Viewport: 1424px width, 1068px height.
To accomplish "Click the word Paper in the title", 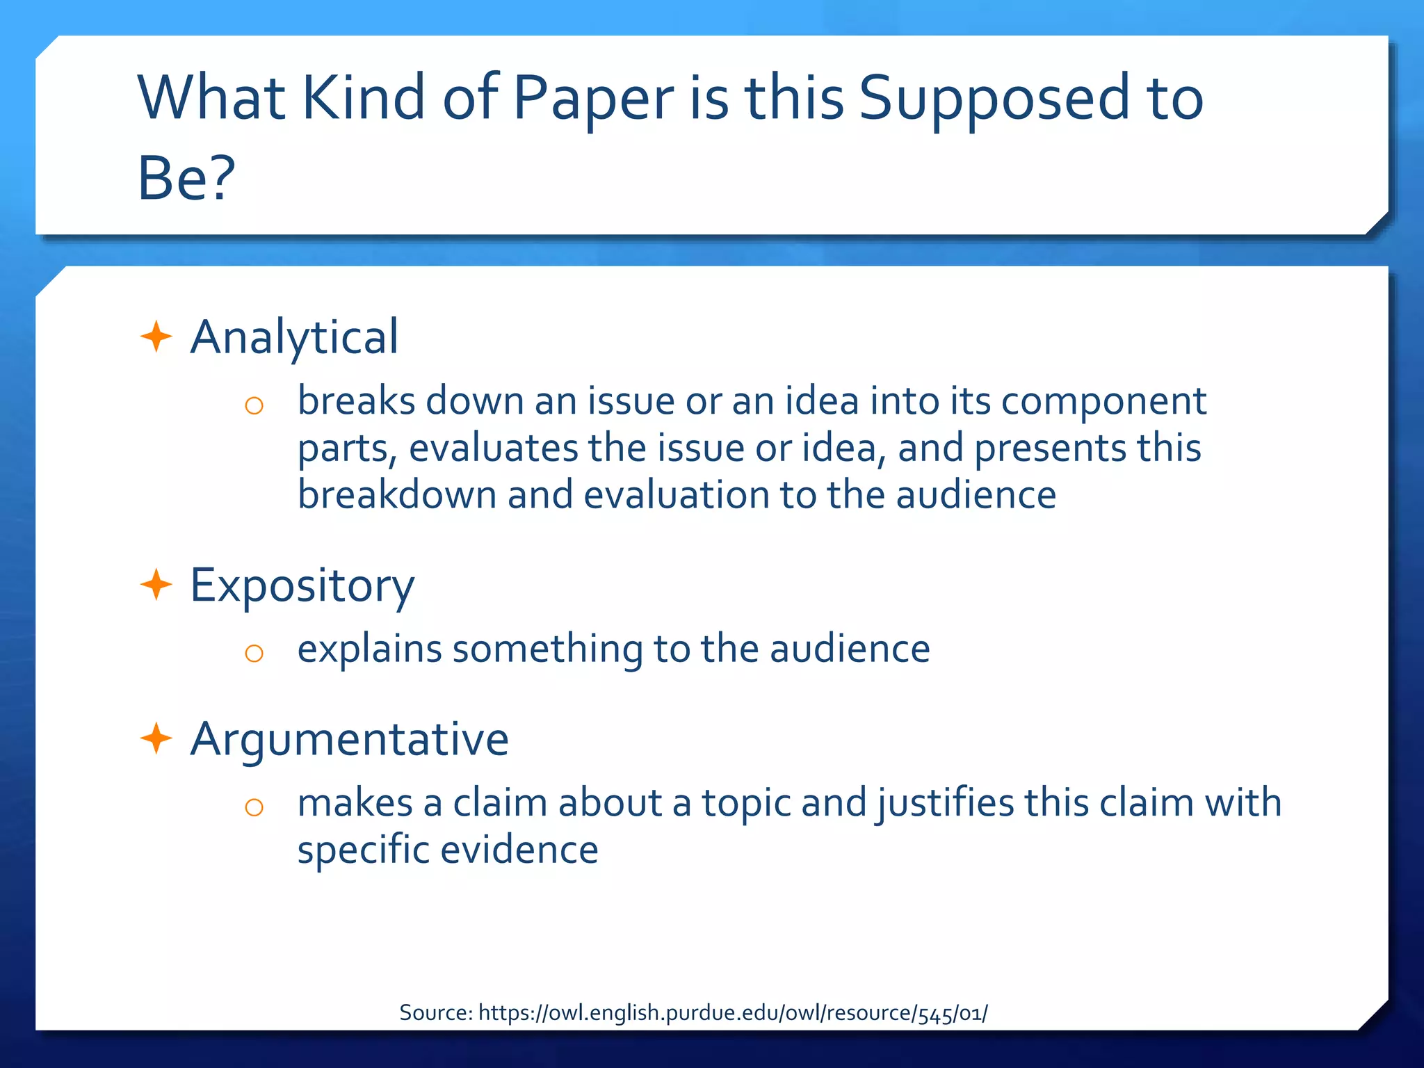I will tap(593, 99).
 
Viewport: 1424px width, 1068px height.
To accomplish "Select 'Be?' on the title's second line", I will tap(186, 178).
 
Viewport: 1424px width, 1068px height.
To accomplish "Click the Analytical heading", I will tap(294, 337).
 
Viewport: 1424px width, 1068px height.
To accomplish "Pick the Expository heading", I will tap(302, 585).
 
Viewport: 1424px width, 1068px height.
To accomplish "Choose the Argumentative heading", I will tap(349, 738).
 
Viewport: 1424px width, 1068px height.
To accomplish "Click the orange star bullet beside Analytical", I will tap(156, 337).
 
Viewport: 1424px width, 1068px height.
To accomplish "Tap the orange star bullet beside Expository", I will tap(156, 585).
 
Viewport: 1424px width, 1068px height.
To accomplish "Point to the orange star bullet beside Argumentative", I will tap(156, 738).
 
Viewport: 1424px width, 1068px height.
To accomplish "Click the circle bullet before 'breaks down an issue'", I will tap(254, 405).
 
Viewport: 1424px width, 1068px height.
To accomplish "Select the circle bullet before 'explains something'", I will tap(254, 653).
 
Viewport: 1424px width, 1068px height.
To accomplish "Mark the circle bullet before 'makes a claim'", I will tap(254, 807).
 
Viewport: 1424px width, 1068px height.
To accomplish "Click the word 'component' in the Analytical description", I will tap(1103, 402).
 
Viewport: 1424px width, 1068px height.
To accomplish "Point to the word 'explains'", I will tap(370, 649).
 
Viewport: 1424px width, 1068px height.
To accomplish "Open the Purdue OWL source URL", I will tap(733, 1013).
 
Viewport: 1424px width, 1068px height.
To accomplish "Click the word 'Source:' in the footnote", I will tap(436, 1013).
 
